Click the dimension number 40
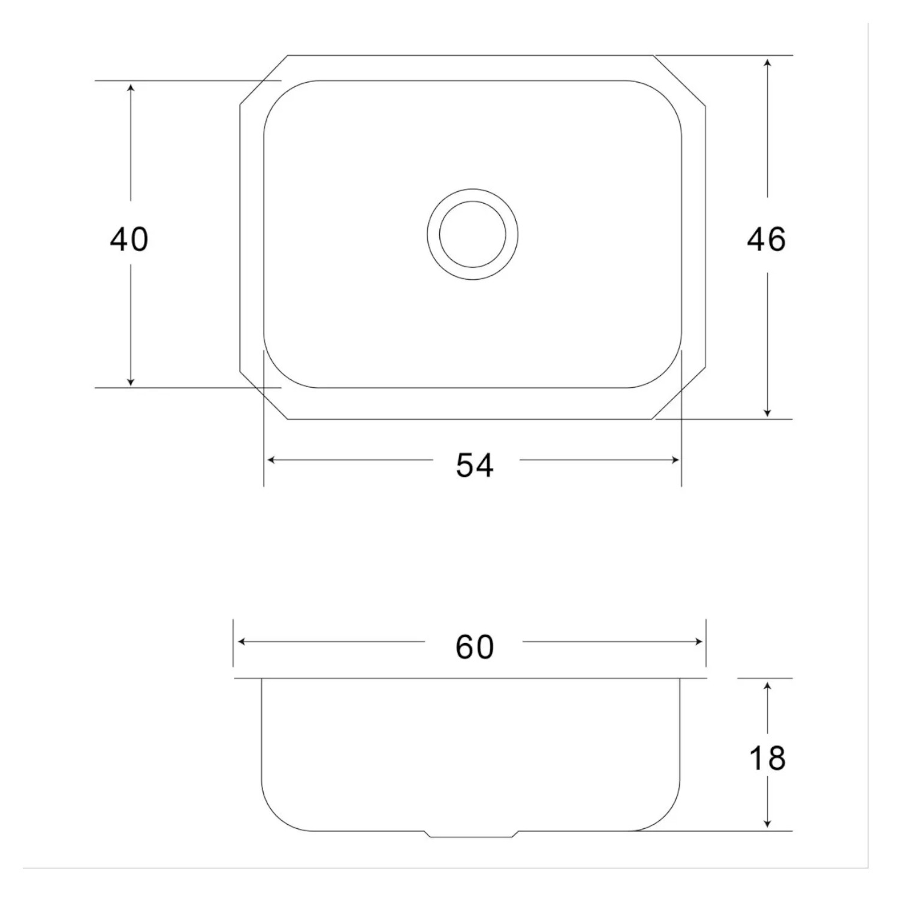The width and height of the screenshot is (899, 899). click(x=129, y=239)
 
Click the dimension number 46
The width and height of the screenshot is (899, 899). click(x=766, y=239)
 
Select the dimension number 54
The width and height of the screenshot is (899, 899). click(x=475, y=465)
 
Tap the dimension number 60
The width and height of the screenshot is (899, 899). click(x=475, y=647)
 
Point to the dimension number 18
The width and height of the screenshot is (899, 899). click(x=767, y=758)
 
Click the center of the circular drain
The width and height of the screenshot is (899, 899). click(x=473, y=234)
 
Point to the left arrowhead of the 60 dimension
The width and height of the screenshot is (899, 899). click(x=242, y=642)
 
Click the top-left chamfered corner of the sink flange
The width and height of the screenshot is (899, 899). click(x=264, y=80)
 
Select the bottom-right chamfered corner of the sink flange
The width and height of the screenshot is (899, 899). click(x=679, y=394)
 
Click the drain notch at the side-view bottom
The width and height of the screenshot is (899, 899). click(x=472, y=834)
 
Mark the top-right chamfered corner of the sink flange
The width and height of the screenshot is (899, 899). click(x=680, y=80)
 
